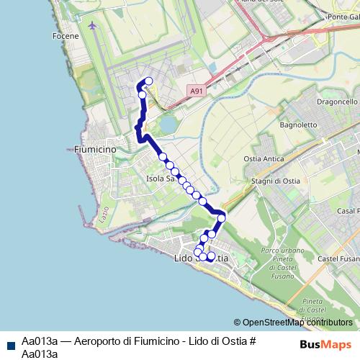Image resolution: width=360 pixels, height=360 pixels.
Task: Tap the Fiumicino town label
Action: tap(94, 149)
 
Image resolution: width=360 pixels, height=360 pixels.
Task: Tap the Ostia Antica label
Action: tap(264, 158)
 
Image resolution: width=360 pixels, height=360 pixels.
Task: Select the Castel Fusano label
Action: tap(337, 257)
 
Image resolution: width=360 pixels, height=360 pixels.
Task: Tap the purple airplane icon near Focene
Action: tap(91, 26)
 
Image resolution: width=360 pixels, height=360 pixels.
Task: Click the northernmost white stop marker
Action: tap(149, 81)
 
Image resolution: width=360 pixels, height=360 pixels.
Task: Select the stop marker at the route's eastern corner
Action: tap(222, 217)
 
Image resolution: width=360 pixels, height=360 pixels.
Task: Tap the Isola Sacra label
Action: tap(161, 178)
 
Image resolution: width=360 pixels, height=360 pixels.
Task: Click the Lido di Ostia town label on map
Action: tap(202, 258)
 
